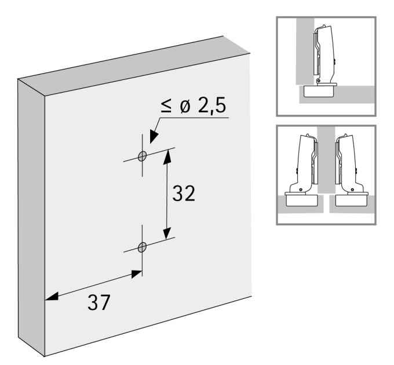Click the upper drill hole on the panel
(142, 156)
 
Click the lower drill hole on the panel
(142, 247)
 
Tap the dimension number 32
(184, 193)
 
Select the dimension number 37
(99, 302)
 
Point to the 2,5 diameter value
(212, 105)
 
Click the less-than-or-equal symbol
(166, 106)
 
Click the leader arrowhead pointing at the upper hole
(154, 136)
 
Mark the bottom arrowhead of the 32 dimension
(167, 233)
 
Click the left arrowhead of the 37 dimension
(52, 296)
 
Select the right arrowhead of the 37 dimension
(136, 274)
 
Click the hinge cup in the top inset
(319, 92)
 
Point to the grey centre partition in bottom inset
(326, 160)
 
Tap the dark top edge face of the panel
(134, 66)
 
